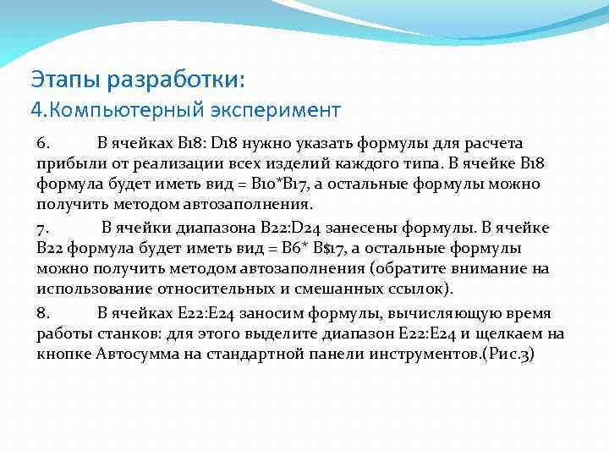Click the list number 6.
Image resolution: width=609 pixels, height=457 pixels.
(43, 143)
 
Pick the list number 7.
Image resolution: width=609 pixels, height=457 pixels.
(43, 228)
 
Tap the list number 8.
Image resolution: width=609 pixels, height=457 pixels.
(43, 312)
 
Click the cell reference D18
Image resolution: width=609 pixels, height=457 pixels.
(228, 143)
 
